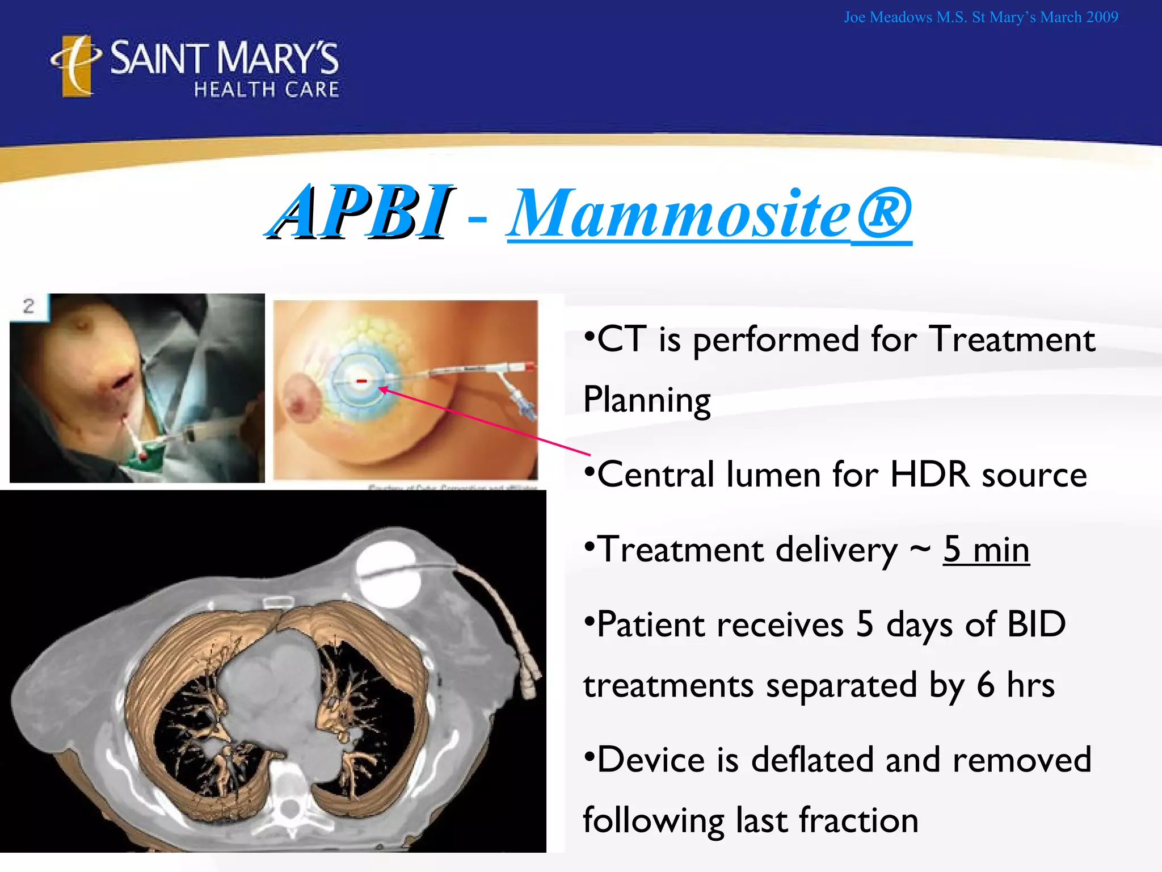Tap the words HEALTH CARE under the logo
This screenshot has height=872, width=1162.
(266, 90)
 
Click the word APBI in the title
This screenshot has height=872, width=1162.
(361, 213)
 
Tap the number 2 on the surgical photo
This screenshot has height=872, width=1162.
(29, 307)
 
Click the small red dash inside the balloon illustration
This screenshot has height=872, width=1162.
(361, 381)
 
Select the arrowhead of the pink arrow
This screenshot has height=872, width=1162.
(382, 389)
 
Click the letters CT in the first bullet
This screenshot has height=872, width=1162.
(621, 339)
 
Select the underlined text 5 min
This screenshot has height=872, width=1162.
(986, 550)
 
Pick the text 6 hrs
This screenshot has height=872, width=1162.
(1015, 685)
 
